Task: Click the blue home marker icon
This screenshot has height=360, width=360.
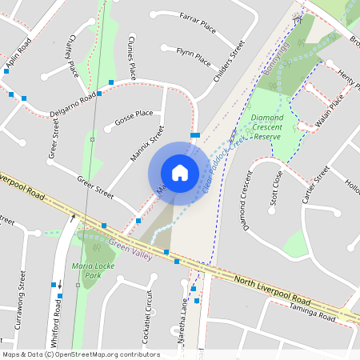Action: pyautogui.click(x=180, y=172)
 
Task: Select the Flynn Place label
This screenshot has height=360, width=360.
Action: pyautogui.click(x=193, y=60)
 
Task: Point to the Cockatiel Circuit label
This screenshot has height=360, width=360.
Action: pyautogui.click(x=146, y=317)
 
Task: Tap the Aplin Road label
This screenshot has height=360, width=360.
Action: pyautogui.click(x=17, y=52)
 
